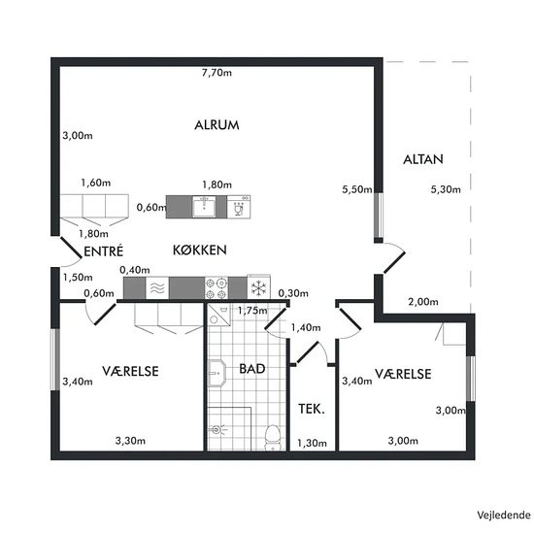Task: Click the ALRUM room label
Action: coord(217,125)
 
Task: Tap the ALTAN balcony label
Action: coord(423,159)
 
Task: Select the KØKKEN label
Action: coord(200,250)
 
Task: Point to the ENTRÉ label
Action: coord(104,251)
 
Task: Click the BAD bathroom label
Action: coord(252,369)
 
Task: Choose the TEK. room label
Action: coord(312,409)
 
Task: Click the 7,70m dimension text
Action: coord(217,73)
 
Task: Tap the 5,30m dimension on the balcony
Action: coord(446,189)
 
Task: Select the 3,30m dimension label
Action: coord(130,441)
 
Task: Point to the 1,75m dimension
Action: coord(252,311)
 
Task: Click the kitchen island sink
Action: coord(204,207)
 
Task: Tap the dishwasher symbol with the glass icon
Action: coord(239,207)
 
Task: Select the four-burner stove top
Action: coord(217,288)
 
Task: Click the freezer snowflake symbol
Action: coord(259,287)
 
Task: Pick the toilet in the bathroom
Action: coord(272,437)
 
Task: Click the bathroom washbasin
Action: coord(217,373)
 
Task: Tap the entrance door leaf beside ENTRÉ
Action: coord(71,247)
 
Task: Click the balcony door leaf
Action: coord(394,262)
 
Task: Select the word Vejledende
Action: coord(504,515)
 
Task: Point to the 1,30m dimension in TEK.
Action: coord(312,443)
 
